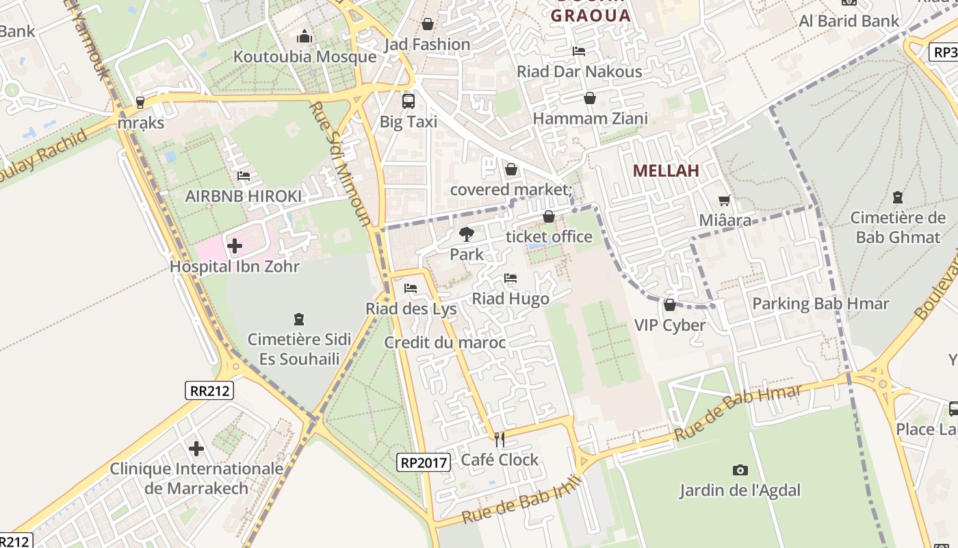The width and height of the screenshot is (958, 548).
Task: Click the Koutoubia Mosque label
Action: click(305, 57)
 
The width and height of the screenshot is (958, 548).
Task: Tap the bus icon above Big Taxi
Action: click(409, 101)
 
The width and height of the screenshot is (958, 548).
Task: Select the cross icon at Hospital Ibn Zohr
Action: click(235, 245)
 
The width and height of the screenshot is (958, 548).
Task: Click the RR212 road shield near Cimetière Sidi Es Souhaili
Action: click(209, 390)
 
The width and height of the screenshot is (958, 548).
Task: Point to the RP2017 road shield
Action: click(424, 462)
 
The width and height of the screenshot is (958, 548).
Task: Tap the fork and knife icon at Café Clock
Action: click(500, 439)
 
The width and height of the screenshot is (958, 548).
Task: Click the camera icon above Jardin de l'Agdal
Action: click(740, 470)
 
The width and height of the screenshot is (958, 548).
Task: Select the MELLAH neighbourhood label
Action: click(666, 171)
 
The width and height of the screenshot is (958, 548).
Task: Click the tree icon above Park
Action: click(467, 235)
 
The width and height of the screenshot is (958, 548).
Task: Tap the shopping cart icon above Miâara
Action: click(725, 201)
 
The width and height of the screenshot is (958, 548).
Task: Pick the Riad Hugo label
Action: click(510, 299)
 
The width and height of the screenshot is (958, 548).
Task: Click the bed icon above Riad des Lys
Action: click(411, 288)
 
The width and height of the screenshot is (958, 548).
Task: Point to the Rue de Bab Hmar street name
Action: click(738, 413)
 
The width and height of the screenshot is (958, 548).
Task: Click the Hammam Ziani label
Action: click(590, 119)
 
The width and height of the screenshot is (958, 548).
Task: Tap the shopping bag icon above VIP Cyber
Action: click(670, 305)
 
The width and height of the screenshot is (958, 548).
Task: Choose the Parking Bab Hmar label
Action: click(820, 303)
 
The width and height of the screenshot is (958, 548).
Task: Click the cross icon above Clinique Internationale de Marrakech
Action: click(196, 449)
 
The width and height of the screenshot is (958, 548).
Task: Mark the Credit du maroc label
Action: click(445, 342)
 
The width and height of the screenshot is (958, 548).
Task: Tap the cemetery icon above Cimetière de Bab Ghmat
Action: click(897, 198)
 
